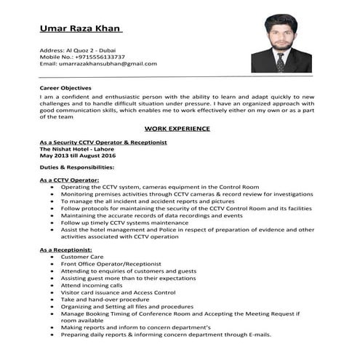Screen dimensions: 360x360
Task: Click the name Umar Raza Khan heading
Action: [x=80, y=29]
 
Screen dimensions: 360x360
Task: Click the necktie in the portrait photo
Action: [x=280, y=61]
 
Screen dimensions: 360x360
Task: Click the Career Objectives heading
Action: [x=71, y=88]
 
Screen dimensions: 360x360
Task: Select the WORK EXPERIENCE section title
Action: [x=177, y=128]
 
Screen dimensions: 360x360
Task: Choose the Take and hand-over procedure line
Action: [x=105, y=299]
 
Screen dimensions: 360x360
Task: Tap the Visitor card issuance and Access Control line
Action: [x=118, y=292]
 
